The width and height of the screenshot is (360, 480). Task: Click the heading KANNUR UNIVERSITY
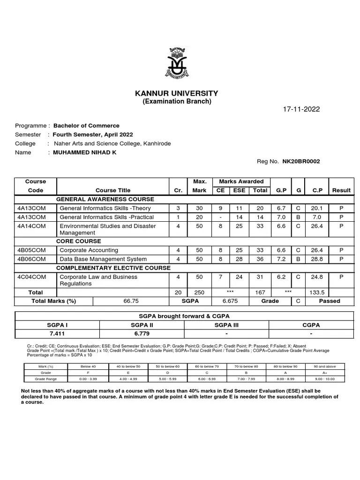click(177, 93)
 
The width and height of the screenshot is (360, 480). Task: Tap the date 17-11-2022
click(301, 109)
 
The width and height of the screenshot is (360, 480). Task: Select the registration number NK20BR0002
click(301, 161)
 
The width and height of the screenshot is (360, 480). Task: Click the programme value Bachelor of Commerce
click(86, 126)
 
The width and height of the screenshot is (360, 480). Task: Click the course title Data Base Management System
click(103, 259)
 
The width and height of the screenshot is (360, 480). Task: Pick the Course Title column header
click(113, 190)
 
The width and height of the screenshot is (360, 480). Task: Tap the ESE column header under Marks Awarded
click(239, 190)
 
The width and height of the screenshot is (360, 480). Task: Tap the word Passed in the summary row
click(330, 301)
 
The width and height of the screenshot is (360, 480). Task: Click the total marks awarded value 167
click(260, 292)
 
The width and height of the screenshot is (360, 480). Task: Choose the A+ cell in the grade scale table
click(325, 373)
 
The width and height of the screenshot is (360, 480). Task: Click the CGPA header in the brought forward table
click(311, 324)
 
